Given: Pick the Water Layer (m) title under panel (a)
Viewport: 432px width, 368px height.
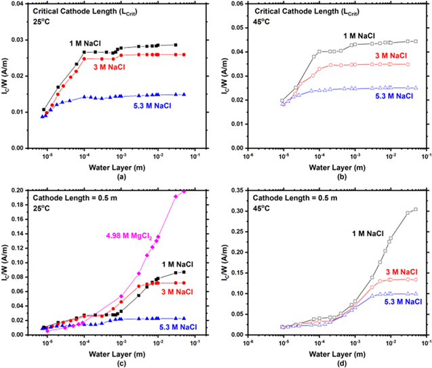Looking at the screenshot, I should point(109,165).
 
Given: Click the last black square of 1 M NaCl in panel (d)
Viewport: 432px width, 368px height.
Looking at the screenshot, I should point(416,209).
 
